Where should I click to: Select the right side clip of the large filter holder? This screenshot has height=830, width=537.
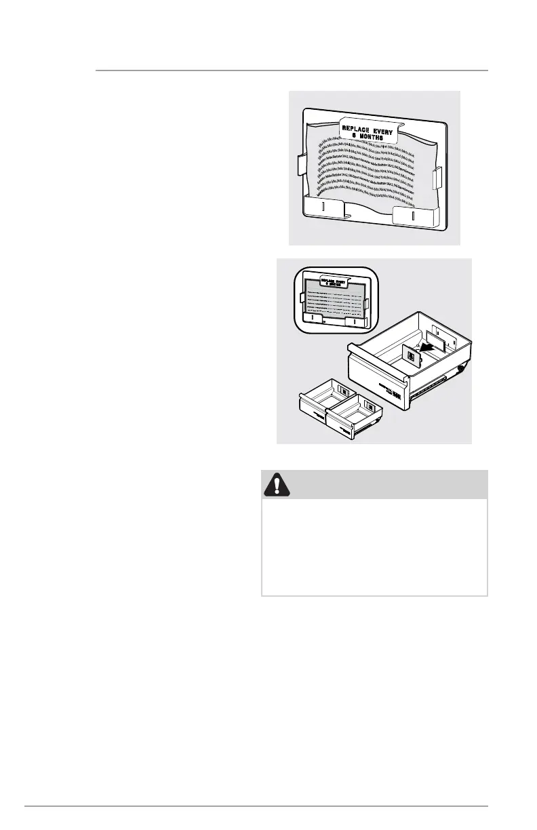(x=437, y=178)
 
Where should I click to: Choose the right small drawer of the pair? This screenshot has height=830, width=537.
(x=355, y=418)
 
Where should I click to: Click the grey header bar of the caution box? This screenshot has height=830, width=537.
(x=374, y=484)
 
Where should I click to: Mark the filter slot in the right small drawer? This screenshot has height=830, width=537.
(x=371, y=406)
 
